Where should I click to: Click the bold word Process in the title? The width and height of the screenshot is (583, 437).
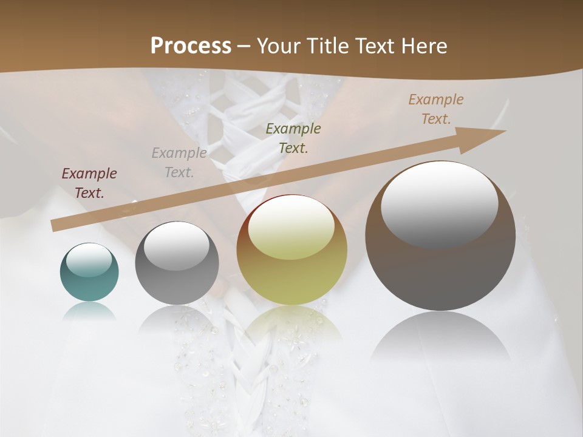click(x=191, y=46)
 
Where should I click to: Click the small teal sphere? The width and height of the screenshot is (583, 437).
click(x=89, y=273)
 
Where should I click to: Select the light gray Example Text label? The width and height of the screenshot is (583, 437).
click(x=179, y=162)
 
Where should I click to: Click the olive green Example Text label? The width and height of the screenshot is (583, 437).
click(x=293, y=138)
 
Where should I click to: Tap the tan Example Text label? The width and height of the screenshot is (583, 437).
click(x=435, y=109)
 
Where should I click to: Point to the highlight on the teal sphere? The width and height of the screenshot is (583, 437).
click(x=89, y=260)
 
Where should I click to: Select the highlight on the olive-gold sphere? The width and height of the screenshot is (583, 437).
click(x=291, y=228)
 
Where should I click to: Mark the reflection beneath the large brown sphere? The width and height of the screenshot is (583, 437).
click(x=440, y=340)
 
